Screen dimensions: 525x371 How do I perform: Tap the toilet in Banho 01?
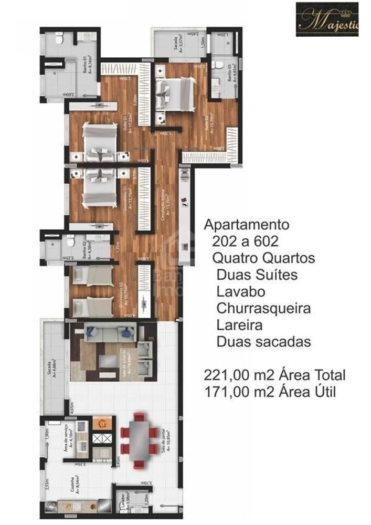[60, 40]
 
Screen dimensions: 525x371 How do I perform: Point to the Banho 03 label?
[231, 72]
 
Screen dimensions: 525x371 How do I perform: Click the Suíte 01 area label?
[128, 125]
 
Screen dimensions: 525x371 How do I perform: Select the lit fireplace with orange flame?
[101, 422]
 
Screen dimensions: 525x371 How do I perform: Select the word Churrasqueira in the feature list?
[263, 308]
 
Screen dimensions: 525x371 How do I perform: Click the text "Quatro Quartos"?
[264, 258]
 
